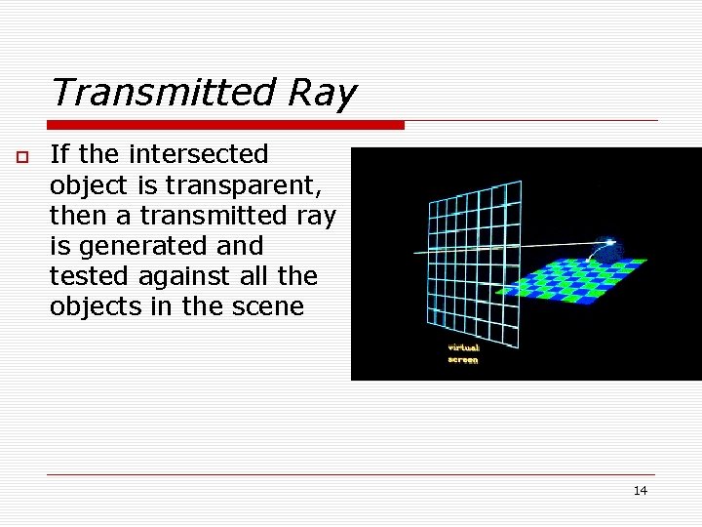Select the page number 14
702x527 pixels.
[x=640, y=490]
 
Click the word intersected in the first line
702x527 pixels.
[x=198, y=154]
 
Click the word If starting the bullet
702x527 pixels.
[x=59, y=154]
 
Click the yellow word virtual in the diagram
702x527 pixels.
[x=463, y=347]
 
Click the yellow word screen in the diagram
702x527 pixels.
[x=463, y=360]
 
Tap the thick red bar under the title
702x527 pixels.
[x=225, y=125]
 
